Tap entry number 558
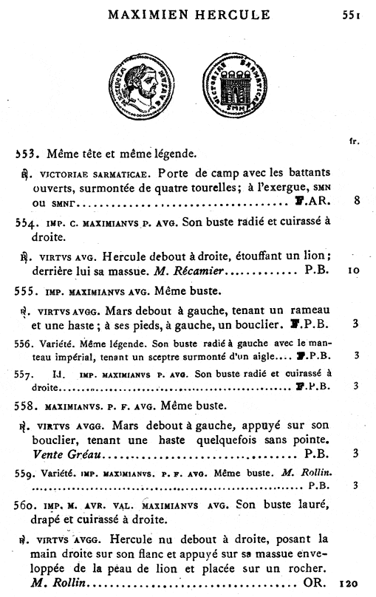point(26,405)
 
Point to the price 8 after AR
point(356,200)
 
